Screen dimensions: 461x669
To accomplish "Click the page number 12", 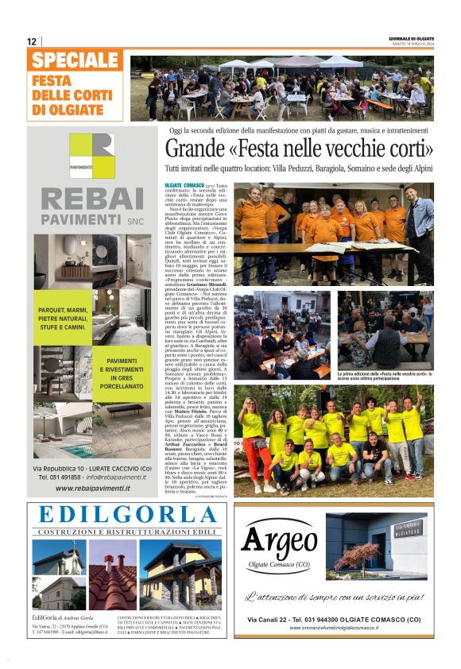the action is [x=32, y=41].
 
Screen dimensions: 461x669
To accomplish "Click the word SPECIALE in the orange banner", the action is [x=76, y=60].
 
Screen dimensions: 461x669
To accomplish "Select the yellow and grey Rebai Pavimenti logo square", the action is [x=91, y=156].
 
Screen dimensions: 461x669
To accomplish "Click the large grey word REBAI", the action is [x=91, y=199].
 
